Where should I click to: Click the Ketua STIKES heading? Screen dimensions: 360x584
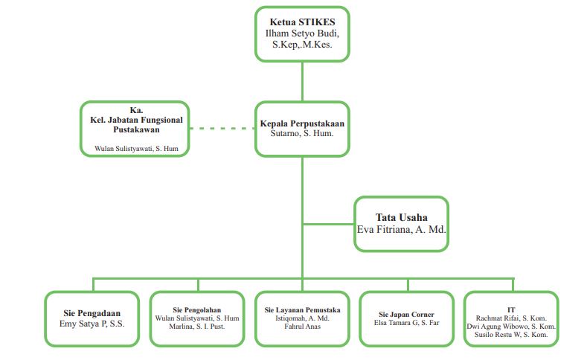click(x=301, y=22)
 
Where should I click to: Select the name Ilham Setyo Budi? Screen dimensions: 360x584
click(x=301, y=34)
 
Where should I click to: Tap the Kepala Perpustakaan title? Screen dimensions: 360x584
click(x=301, y=123)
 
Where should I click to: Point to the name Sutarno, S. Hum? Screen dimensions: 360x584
click(x=301, y=134)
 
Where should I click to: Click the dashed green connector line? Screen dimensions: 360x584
click(x=222, y=129)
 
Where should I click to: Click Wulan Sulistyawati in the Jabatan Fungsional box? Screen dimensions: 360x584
click(x=135, y=149)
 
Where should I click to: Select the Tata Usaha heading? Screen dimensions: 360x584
click(x=402, y=217)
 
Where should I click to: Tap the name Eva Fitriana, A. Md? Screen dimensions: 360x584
click(x=402, y=231)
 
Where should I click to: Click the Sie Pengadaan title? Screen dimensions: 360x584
click(x=92, y=313)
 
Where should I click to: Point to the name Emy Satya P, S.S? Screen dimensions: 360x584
click(x=92, y=324)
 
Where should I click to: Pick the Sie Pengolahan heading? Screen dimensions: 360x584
click(x=196, y=309)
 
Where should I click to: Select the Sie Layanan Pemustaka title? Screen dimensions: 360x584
click(x=302, y=309)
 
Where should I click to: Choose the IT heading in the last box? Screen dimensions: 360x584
click(x=511, y=309)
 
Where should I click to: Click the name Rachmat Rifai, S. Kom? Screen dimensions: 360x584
click(x=511, y=318)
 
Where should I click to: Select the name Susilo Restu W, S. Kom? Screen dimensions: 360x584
click(x=511, y=335)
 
